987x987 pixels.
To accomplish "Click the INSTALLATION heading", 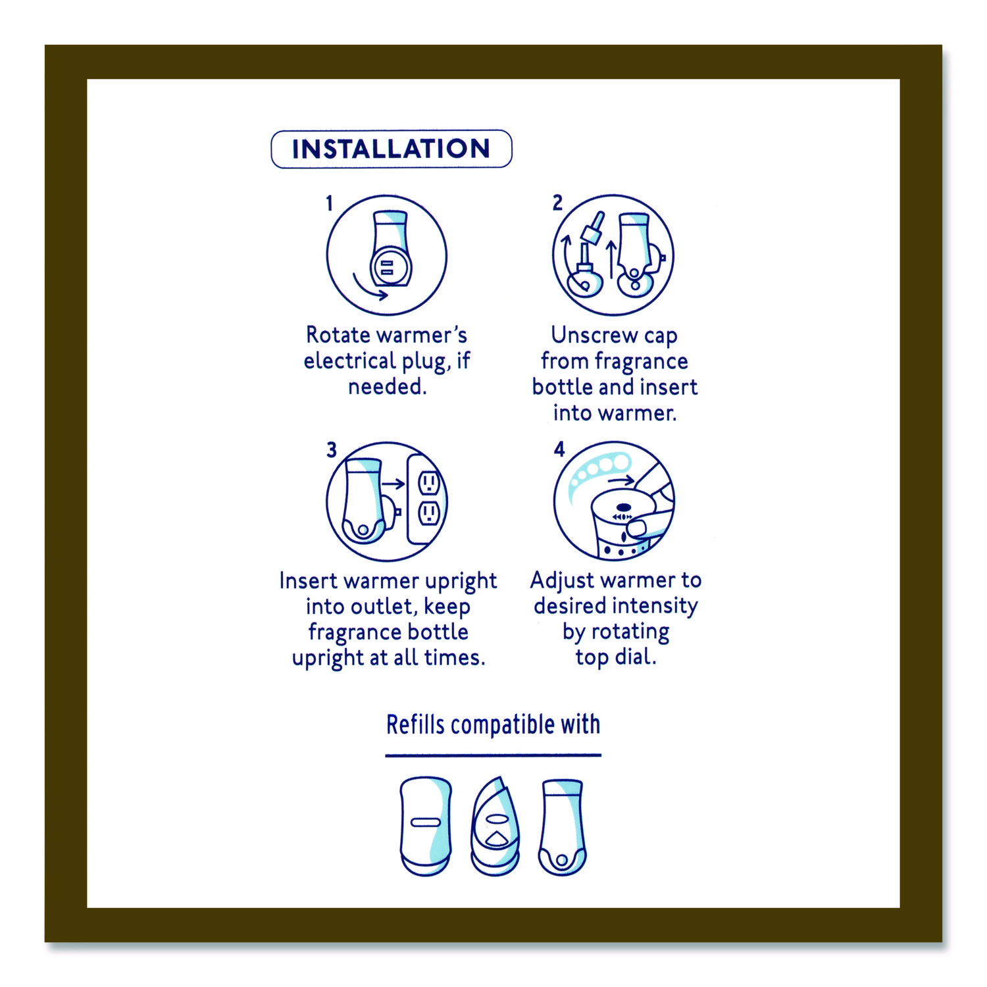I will tap(391, 149).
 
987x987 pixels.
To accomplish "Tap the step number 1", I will tap(330, 204).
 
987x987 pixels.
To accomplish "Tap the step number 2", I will tap(557, 203).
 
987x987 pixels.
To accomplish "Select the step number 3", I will tap(332, 450).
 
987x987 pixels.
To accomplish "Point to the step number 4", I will tap(559, 449).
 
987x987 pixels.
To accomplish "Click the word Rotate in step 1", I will tap(338, 335).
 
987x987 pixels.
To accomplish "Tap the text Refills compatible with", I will tap(493, 724).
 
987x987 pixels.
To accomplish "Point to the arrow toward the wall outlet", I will tap(393, 484).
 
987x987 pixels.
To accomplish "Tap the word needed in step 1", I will tap(387, 387).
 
